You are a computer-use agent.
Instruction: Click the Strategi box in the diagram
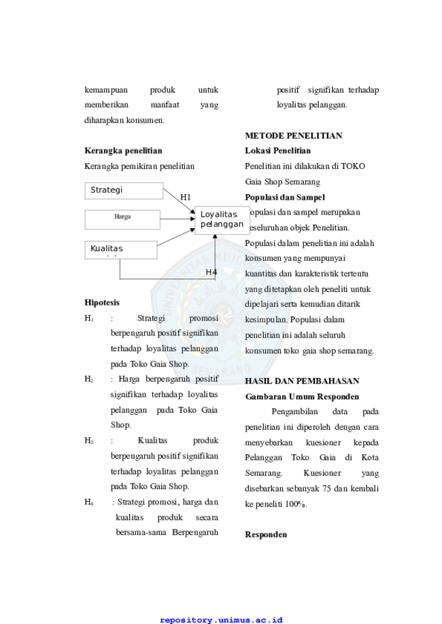click(x=124, y=191)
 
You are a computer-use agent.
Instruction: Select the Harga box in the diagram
click(x=122, y=220)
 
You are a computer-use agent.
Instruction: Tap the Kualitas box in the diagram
click(x=121, y=250)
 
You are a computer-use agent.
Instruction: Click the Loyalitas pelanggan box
click(x=222, y=220)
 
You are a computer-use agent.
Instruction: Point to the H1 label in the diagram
click(x=186, y=197)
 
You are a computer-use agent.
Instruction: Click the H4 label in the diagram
click(x=211, y=272)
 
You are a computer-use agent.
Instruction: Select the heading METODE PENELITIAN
click(x=293, y=136)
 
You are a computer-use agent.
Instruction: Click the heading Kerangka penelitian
click(x=123, y=151)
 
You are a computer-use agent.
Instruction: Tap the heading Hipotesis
click(x=102, y=302)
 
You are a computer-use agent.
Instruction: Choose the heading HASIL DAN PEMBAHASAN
click(x=302, y=381)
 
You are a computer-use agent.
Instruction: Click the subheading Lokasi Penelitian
click(x=278, y=151)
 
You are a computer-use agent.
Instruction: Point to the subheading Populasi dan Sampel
click(x=285, y=198)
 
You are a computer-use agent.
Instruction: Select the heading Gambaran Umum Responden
click(x=302, y=397)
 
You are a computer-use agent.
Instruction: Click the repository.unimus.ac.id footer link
click(x=221, y=620)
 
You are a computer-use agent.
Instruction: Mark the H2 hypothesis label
click(x=88, y=379)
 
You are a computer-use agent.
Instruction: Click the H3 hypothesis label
click(x=88, y=441)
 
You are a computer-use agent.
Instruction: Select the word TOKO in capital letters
click(x=353, y=166)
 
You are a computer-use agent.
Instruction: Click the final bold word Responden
click(x=266, y=535)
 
